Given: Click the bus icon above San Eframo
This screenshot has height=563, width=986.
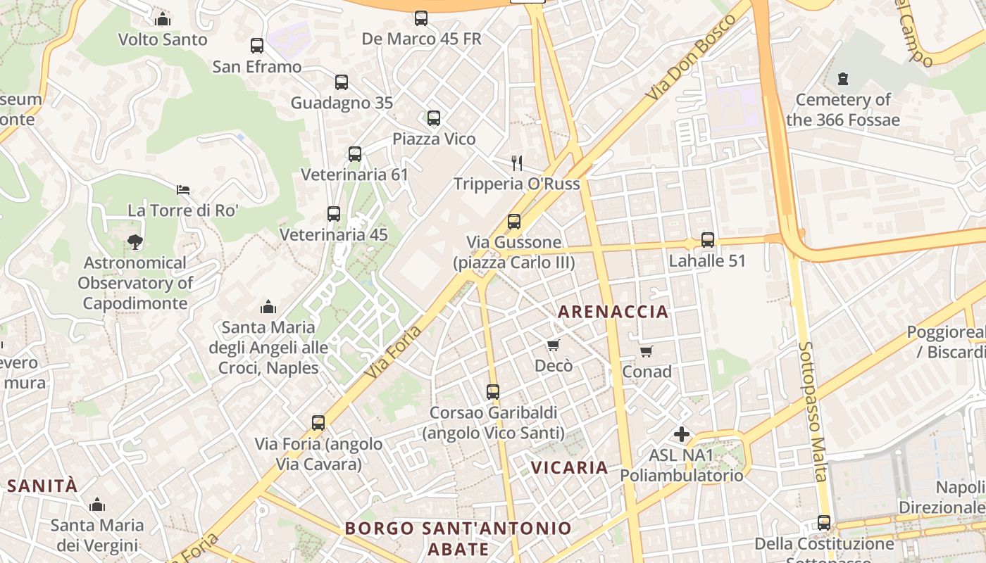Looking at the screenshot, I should point(257,46).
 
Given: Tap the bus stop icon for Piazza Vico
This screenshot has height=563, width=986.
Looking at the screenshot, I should point(434,118).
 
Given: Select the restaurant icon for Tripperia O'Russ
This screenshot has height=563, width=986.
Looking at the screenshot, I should point(517,163).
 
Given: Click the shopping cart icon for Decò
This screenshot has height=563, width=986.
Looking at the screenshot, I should point(553,345).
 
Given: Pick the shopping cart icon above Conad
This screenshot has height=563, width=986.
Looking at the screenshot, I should point(646,350).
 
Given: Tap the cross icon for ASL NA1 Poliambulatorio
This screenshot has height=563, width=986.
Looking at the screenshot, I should point(681,434).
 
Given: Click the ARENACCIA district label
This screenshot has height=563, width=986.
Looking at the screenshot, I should point(613,312).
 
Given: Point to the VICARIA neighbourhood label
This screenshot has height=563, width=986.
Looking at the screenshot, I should point(569,467).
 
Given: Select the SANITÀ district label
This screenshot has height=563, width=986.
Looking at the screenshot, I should point(42,486).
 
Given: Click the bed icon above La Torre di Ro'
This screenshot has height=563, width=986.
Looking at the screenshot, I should point(183,190).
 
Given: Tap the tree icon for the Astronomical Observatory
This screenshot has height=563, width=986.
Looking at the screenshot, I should point(135,242).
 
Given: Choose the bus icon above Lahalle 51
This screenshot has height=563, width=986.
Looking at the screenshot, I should point(707,240).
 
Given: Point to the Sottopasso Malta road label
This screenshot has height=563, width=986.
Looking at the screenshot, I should point(813,412).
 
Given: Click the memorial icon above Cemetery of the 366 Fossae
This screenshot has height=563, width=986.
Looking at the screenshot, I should point(843,79).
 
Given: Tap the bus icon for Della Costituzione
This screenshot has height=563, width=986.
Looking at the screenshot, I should point(823,523).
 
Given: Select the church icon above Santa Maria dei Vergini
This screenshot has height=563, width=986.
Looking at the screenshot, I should point(97,505).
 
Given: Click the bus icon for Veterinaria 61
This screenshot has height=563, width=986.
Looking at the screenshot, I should point(355,154).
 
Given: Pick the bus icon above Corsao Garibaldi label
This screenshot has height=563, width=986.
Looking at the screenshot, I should point(493,392).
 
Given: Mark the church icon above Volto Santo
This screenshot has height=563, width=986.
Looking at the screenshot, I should point(163,19).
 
